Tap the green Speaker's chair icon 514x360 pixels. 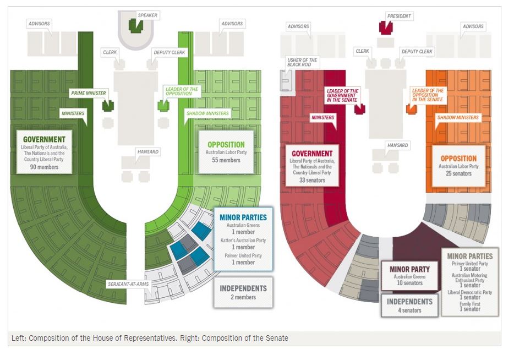(134, 25)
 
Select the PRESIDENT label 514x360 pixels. (398, 16)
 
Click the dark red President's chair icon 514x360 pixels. (384, 26)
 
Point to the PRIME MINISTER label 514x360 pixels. (88, 93)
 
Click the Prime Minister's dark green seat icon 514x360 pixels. (108, 105)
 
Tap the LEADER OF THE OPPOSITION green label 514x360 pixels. (182, 91)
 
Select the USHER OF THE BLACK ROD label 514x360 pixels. (302, 62)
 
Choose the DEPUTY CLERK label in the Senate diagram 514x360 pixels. (417, 52)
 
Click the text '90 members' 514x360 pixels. (45, 166)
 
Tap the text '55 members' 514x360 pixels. (226, 160)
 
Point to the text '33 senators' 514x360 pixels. (311, 179)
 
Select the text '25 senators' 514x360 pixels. (458, 173)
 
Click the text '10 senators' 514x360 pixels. (409, 283)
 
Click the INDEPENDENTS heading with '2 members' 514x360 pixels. (243, 288)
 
